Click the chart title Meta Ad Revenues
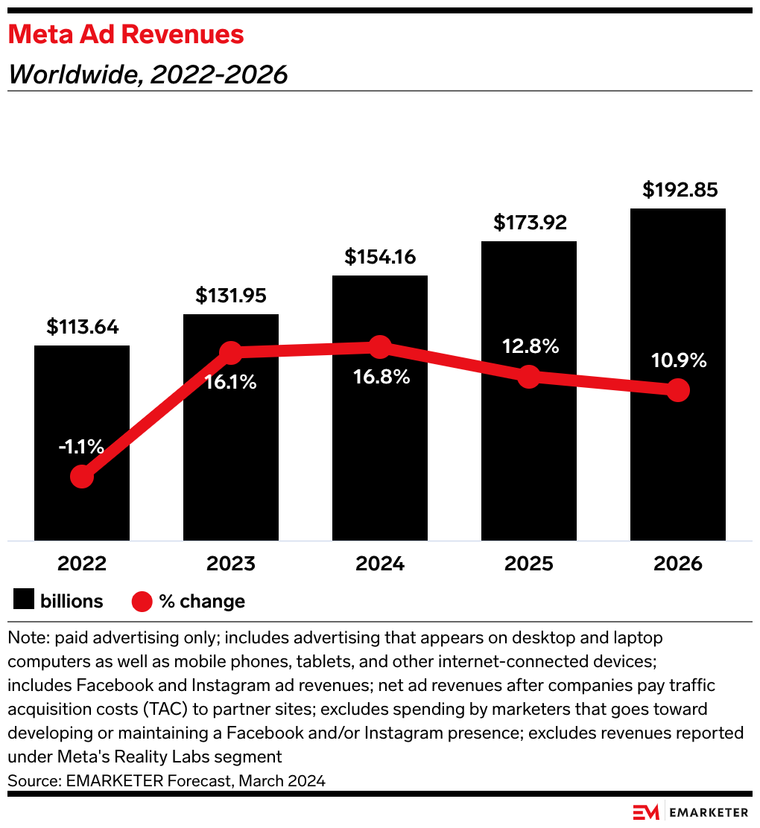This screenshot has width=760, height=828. click(x=126, y=34)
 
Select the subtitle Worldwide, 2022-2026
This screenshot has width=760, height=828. click(x=148, y=74)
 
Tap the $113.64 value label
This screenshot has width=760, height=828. click(x=82, y=327)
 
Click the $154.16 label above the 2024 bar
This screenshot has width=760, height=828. click(x=380, y=257)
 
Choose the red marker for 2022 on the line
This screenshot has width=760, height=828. click(x=82, y=476)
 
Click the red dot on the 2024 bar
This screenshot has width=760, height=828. click(x=380, y=346)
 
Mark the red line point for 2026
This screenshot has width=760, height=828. click(x=677, y=389)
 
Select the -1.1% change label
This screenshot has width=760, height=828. click(x=81, y=447)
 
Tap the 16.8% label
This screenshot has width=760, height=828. click(x=381, y=377)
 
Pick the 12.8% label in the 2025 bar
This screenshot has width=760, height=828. click(x=530, y=346)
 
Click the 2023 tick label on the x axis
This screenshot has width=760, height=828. click(x=231, y=564)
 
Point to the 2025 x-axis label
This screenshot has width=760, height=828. click(x=529, y=564)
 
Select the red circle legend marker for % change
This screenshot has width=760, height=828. click(x=142, y=601)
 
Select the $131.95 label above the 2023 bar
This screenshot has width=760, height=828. click(x=231, y=295)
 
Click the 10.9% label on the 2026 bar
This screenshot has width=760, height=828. click(x=677, y=361)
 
